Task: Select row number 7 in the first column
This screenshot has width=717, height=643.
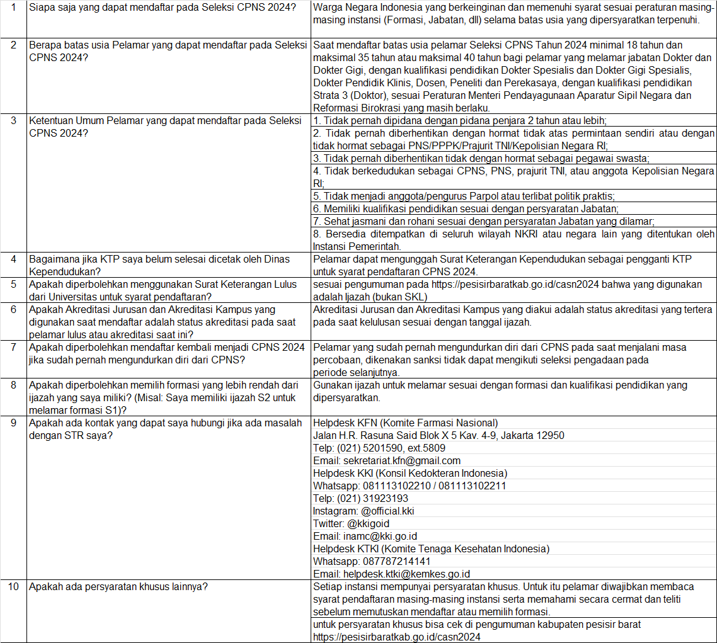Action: (13, 347)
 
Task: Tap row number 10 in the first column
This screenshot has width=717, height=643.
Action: (13, 586)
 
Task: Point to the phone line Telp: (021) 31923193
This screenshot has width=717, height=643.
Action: (360, 498)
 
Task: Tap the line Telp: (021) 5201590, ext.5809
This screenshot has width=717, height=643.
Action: (379, 448)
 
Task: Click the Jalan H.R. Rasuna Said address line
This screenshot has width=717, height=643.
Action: (439, 435)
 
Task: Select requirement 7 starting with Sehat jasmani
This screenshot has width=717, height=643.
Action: (484, 221)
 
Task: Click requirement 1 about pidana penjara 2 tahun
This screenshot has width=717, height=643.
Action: (459, 120)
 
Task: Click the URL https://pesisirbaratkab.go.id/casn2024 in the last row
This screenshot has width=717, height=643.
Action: (397, 637)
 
